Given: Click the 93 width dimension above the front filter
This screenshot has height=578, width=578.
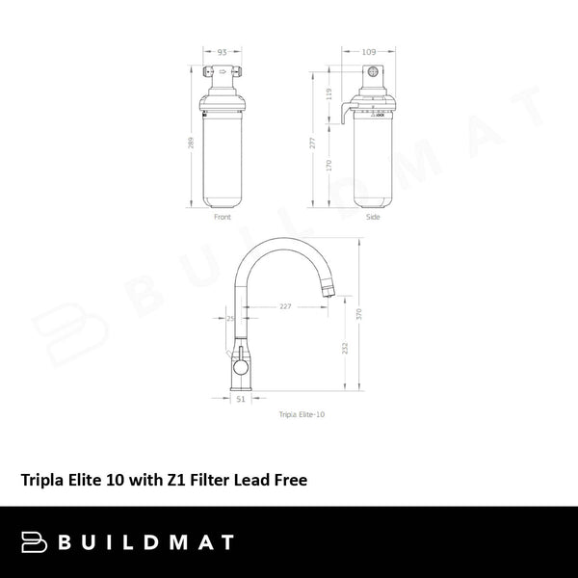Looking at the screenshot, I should [223, 51].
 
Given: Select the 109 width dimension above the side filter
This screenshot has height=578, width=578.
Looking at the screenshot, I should [370, 51].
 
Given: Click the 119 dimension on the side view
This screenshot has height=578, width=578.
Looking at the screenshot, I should [329, 93].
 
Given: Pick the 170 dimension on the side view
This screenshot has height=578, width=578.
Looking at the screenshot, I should [329, 165].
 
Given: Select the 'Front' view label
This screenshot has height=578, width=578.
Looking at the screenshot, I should [223, 218].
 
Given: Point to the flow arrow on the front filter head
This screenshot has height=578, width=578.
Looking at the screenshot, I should [223, 70].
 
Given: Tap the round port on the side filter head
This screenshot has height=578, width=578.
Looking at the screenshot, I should [370, 72].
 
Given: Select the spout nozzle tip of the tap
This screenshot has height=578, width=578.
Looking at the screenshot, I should [328, 287].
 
